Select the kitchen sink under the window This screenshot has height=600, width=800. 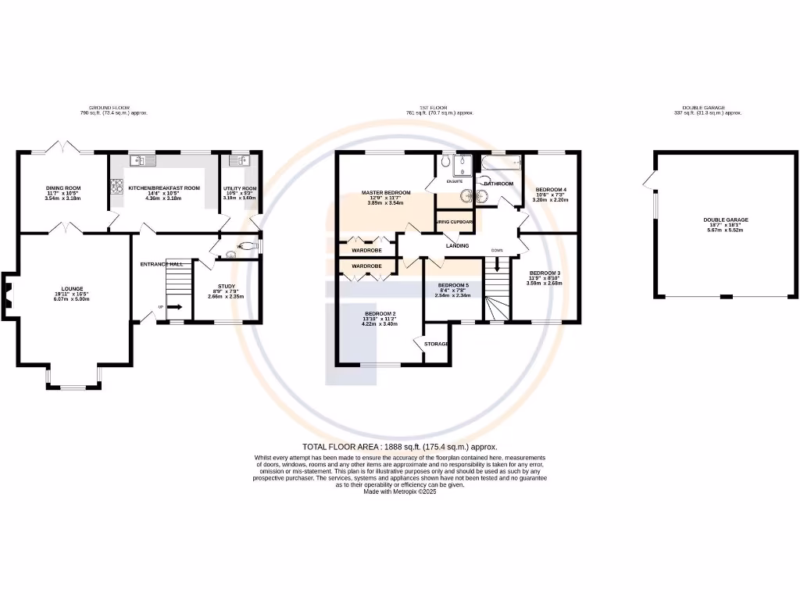click(145, 161)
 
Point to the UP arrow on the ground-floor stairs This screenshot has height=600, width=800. click(173, 307)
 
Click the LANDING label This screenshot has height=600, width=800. click(457, 246)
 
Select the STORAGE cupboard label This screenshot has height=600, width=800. click(436, 344)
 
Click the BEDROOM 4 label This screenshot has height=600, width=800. click(551, 190)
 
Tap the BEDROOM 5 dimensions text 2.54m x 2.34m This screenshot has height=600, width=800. click(453, 296)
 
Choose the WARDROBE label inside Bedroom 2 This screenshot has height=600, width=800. click(366, 266)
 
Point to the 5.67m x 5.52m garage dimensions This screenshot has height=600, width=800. click(725, 230)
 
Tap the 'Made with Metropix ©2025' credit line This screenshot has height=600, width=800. click(399, 491)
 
